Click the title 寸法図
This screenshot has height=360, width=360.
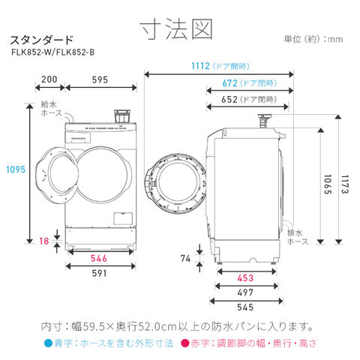176,29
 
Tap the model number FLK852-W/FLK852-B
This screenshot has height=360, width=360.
53,52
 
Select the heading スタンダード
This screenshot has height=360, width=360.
42,40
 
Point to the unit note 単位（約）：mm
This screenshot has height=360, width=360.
313,39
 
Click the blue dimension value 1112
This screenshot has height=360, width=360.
200,66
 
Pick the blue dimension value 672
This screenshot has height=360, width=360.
229,83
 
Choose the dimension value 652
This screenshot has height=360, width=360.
229,100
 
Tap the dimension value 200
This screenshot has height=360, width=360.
49,79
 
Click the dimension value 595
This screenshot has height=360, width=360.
100,80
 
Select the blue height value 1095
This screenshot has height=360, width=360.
16,169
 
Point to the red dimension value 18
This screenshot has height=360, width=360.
44,241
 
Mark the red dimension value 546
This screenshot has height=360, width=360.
99,259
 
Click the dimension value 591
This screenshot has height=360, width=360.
99,274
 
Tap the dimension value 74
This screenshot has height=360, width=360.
186,259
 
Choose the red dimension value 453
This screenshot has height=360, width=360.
245,278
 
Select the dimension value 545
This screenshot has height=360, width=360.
245,307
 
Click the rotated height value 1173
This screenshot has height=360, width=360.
345,184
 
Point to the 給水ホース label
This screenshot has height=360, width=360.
52,109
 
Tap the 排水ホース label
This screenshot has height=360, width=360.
298,237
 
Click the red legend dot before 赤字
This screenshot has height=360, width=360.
185,343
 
